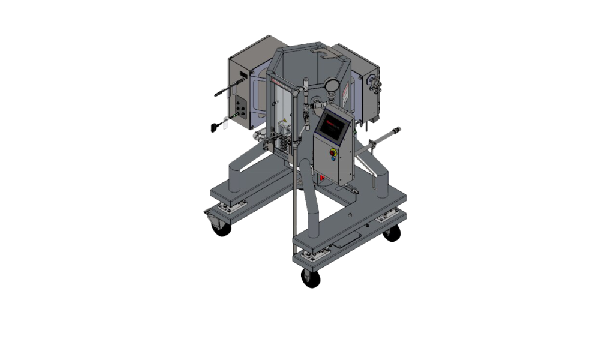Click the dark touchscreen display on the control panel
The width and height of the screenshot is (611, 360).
coord(332,127)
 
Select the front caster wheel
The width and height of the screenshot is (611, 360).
coord(311,277)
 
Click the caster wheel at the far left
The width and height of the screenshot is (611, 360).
coord(222,227)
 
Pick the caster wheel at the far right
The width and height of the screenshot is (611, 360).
coord(392,233)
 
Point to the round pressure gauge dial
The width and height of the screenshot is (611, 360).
coord(330,88)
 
